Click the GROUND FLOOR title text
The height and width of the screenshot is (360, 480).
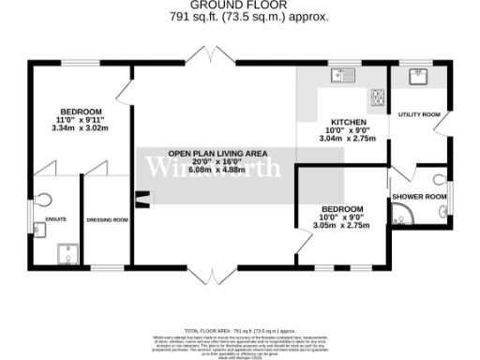[239, 5]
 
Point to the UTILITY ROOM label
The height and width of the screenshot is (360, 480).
[419, 114]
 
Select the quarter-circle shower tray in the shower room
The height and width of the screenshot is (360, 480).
[405, 218]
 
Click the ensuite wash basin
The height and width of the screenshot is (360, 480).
[39, 228]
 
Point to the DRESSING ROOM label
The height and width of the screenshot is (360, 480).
[107, 220]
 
